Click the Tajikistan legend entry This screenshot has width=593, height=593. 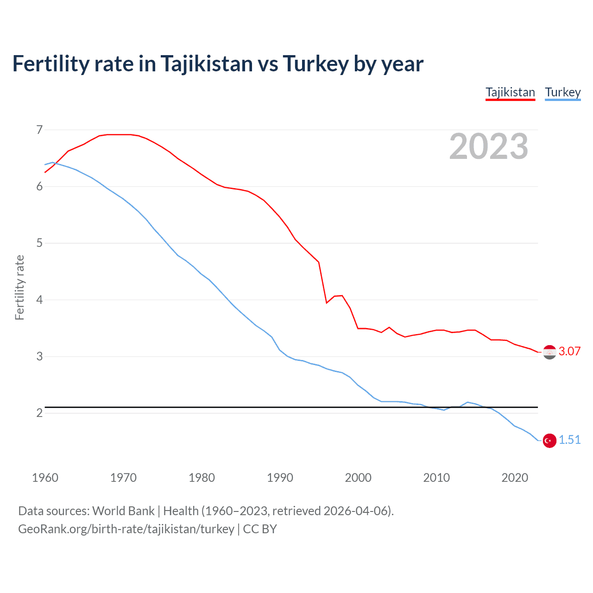(x=510, y=92)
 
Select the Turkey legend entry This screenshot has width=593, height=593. (x=562, y=92)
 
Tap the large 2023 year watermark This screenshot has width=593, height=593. (x=488, y=146)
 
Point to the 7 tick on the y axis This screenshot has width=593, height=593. (x=39, y=130)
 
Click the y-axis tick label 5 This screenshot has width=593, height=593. (x=39, y=243)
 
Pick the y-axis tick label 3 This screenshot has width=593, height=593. (x=39, y=356)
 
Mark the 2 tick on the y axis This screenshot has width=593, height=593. (x=39, y=413)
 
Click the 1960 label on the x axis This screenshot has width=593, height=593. (x=45, y=478)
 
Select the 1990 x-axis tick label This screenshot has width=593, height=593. (x=280, y=478)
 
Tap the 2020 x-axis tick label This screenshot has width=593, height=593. (x=515, y=478)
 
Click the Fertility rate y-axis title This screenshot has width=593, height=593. (x=19, y=287)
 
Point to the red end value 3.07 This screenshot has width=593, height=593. (x=569, y=351)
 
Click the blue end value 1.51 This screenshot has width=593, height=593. (x=569, y=440)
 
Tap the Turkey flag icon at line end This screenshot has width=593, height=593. (x=549, y=441)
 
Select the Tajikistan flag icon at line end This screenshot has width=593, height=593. (x=549, y=352)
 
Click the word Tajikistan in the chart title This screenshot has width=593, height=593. (x=207, y=64)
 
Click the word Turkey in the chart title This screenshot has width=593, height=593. (x=315, y=64)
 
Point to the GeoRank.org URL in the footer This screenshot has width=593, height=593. (x=126, y=529)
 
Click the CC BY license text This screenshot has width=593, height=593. (x=260, y=529)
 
